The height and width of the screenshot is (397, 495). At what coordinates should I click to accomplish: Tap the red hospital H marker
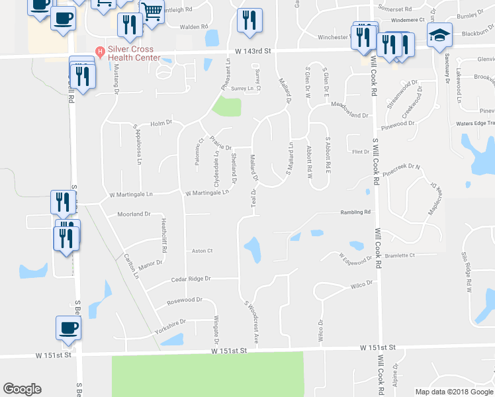click(x=100, y=51)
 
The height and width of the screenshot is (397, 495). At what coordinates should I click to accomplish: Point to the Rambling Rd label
click(x=355, y=212)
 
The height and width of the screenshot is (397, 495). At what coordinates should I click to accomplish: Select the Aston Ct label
click(x=202, y=251)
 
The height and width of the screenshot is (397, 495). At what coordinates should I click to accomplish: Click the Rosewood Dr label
click(x=185, y=300)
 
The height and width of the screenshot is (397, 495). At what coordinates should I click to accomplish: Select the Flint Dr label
click(x=361, y=152)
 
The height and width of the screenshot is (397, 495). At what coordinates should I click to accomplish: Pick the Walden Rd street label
click(x=185, y=27)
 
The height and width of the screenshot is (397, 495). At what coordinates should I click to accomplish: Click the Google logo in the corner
click(x=22, y=389)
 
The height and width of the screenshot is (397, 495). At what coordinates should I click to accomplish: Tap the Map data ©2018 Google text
click(x=454, y=392)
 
